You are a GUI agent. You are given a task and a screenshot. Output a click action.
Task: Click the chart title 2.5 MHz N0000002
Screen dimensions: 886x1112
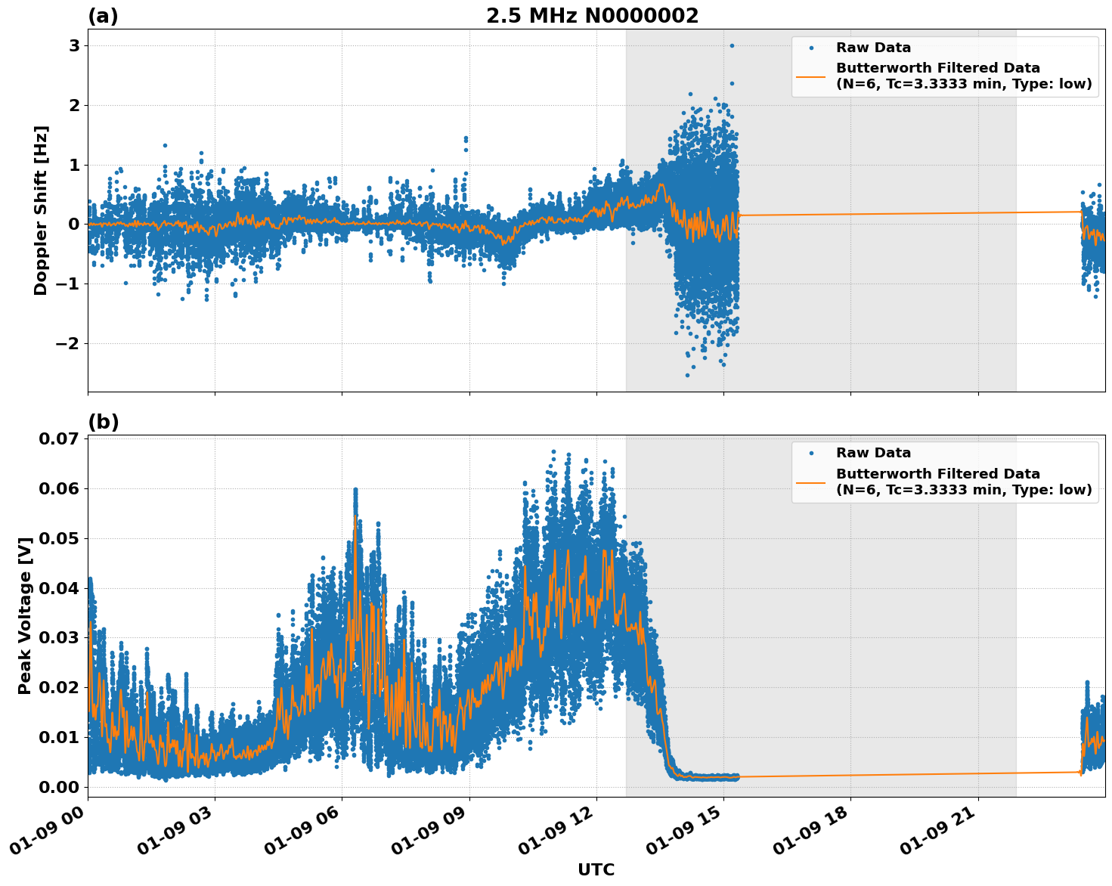tap(592, 16)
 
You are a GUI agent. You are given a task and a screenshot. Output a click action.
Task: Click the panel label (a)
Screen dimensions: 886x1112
tap(103, 16)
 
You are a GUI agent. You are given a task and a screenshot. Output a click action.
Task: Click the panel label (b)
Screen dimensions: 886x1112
tap(103, 422)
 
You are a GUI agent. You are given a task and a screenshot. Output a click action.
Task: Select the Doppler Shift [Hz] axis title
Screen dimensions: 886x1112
tap(41, 210)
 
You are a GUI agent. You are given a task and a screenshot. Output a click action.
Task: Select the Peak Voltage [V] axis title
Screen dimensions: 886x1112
tap(25, 615)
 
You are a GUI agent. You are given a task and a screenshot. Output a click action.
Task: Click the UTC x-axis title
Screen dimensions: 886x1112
tap(596, 869)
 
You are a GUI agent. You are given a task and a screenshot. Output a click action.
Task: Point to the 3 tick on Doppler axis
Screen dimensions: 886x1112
tap(74, 46)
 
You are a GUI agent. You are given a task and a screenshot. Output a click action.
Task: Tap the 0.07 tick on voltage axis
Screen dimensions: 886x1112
tap(58, 439)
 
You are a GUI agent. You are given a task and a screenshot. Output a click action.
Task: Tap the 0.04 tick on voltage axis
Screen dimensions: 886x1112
tap(58, 588)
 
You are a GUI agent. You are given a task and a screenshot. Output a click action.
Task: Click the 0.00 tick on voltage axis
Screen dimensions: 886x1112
tap(58, 787)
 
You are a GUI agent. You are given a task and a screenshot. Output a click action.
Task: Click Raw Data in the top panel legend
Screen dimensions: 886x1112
tap(873, 48)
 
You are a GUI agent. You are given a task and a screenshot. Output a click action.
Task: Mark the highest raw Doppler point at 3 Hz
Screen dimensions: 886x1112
tap(732, 45)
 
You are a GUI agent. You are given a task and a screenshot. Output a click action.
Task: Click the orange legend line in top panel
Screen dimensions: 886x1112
tap(811, 76)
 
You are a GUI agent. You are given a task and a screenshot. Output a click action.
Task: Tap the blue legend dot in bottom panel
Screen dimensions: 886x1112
tap(811, 454)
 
